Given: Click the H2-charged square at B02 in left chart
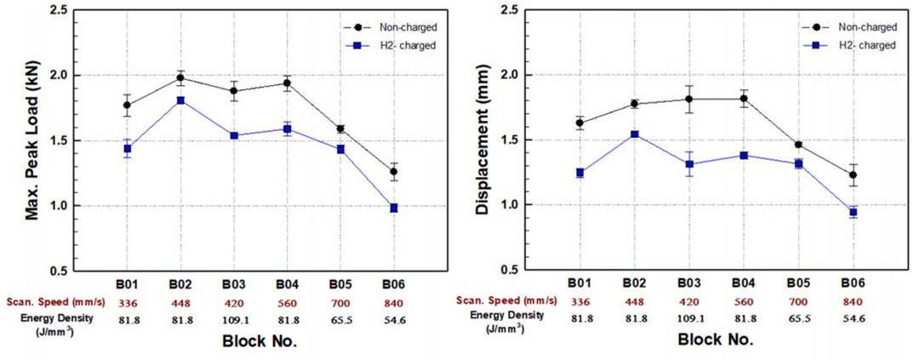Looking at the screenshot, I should [180, 100].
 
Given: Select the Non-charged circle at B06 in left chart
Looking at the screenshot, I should [393, 172].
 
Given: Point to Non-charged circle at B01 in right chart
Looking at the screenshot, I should [580, 123].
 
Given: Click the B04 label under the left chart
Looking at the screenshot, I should [287, 283].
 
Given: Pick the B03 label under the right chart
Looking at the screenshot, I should [689, 283].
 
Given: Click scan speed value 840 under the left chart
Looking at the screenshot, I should [393, 303].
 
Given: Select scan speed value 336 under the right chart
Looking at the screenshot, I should [580, 303].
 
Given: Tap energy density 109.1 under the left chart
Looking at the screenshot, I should [233, 319].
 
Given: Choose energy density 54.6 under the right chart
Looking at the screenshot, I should [852, 319].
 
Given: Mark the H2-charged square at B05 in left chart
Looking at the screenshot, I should [340, 149].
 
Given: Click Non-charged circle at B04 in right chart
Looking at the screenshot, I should [744, 98].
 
